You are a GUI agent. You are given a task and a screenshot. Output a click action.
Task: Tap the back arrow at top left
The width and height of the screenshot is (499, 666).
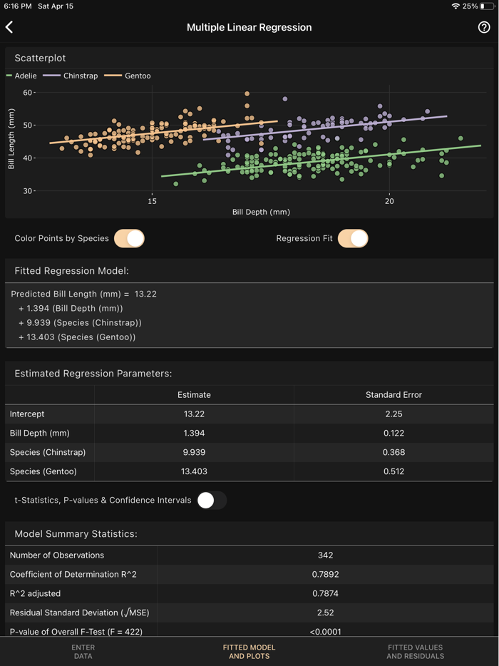click(x=9, y=27)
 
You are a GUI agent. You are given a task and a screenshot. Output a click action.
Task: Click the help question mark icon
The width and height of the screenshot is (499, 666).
click(x=484, y=27)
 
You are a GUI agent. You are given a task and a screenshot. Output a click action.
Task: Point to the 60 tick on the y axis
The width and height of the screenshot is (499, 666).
click(x=28, y=93)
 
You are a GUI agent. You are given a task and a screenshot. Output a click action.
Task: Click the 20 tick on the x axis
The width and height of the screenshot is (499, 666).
click(x=389, y=202)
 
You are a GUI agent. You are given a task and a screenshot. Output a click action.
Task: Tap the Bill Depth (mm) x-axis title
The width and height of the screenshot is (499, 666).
click(x=261, y=212)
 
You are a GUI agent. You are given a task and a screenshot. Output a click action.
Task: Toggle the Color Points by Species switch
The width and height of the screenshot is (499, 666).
click(x=129, y=238)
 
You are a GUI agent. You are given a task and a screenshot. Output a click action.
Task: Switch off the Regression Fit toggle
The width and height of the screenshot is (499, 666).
click(x=353, y=238)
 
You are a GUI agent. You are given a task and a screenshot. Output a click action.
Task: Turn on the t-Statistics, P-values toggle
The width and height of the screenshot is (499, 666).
click(x=212, y=500)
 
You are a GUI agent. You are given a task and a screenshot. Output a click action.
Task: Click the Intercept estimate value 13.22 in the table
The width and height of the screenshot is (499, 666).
click(x=194, y=414)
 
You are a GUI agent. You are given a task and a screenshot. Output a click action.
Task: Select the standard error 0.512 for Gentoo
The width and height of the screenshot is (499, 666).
click(x=393, y=471)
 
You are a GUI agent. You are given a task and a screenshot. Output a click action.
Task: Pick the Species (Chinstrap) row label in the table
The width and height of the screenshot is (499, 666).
click(x=48, y=452)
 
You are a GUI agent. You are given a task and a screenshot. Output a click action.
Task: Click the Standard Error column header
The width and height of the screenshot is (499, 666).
click(x=393, y=394)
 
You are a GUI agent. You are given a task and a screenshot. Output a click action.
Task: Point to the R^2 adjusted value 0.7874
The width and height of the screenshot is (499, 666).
click(x=325, y=593)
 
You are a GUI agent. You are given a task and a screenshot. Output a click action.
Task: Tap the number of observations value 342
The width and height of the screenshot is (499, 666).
click(x=325, y=555)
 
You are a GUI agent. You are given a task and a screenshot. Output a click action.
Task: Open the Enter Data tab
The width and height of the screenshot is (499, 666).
click(x=83, y=652)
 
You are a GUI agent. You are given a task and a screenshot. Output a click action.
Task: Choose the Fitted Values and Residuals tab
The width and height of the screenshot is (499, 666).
click(x=415, y=652)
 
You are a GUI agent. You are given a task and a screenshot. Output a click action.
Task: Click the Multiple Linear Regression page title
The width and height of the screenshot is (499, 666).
click(x=249, y=27)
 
